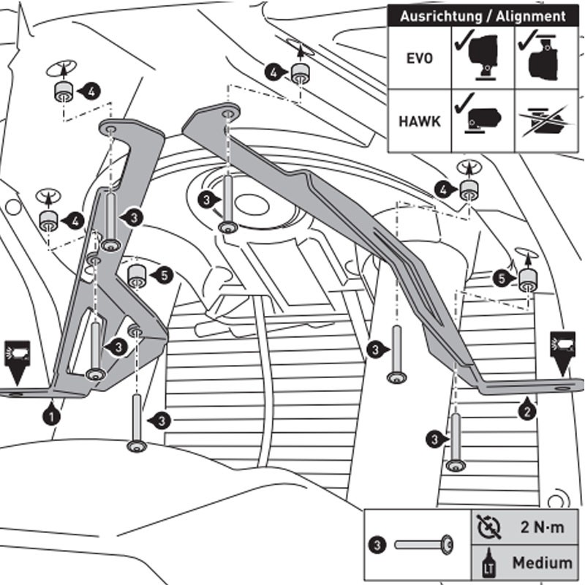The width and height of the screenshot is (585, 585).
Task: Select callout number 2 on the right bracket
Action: [x=527, y=410]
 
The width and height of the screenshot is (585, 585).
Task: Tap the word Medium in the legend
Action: [x=542, y=563]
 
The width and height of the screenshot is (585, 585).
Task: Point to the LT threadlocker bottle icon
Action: [x=486, y=563]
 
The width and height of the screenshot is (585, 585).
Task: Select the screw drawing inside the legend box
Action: [x=423, y=544]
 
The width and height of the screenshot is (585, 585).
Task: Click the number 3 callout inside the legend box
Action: [x=377, y=544]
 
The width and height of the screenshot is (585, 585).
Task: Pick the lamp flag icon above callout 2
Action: [x=562, y=344]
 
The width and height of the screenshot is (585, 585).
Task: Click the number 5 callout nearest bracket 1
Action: [x=163, y=275]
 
